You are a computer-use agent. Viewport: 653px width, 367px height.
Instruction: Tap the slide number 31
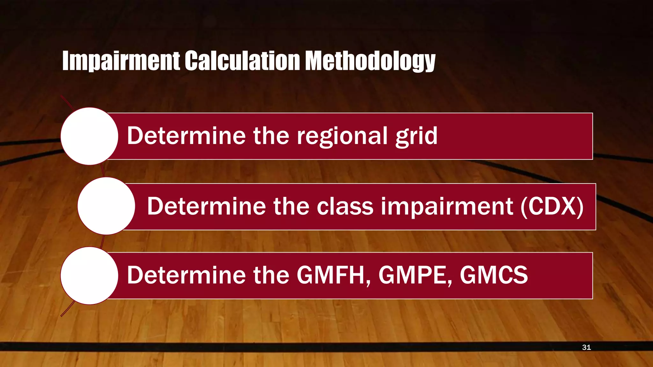pos(586,347)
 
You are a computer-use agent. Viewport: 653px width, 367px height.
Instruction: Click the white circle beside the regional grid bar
pos(89,136)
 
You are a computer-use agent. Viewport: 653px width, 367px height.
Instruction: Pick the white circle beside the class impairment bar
pos(106,206)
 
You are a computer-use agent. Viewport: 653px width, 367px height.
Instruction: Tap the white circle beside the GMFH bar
pos(89,276)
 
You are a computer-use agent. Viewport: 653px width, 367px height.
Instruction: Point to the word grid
pos(416,136)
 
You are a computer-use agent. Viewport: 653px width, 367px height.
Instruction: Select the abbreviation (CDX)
pos(552,206)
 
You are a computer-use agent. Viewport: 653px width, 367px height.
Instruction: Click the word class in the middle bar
pos(345,206)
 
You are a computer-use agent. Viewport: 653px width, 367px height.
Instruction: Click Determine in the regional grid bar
pos(186,136)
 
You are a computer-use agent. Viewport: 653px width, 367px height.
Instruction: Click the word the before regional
pos(271,136)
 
